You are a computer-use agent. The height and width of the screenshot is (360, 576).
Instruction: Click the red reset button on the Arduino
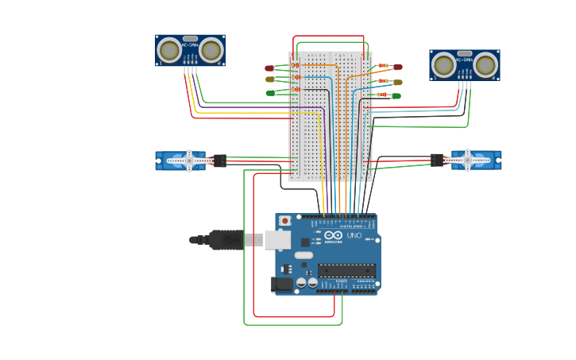pos(284,220)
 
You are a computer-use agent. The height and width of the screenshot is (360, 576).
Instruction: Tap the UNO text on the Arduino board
pos(354,235)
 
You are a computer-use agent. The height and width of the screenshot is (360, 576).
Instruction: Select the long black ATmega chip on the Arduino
pos(346,270)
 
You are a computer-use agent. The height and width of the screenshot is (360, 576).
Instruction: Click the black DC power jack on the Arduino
pos(281,284)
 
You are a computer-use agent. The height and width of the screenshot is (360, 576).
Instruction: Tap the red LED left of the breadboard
pos(269,68)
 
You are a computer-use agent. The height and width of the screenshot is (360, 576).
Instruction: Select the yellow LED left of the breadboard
pos(269,79)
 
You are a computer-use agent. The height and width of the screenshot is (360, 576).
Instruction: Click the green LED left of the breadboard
pos(270,93)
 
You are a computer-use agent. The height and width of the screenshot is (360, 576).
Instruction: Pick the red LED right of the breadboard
pos(398,68)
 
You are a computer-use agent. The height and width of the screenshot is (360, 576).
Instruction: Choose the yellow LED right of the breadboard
pos(398,82)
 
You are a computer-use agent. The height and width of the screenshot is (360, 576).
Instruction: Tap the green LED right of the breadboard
pos(396,96)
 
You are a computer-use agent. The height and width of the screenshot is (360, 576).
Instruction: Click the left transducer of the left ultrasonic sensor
pos(169,51)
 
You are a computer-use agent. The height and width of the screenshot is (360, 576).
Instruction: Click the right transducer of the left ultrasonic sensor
pos(211,51)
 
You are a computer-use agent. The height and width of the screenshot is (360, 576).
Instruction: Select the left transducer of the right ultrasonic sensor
pos(444,65)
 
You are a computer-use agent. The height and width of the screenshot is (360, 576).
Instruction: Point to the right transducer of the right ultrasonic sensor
pos(485,65)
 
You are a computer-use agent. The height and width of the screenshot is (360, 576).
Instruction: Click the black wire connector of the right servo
pos(437,160)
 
